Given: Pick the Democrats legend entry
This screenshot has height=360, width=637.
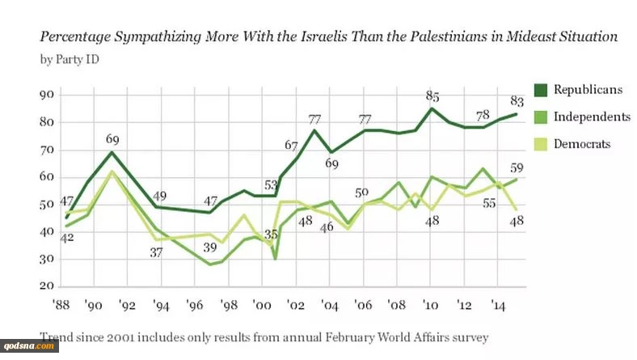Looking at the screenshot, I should click(x=581, y=143).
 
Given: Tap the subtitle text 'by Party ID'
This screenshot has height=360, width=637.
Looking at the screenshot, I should click(x=65, y=60).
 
